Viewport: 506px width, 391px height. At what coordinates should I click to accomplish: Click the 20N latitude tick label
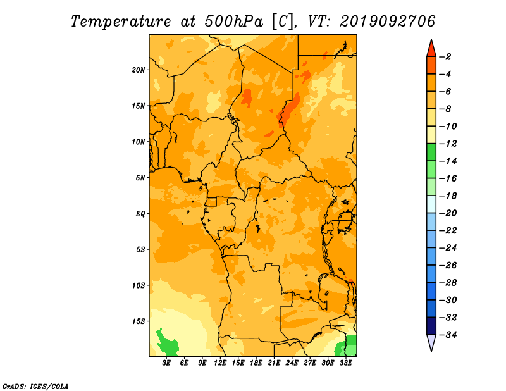(x=138, y=70)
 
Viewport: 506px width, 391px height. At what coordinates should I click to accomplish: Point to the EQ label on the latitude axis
(x=140, y=214)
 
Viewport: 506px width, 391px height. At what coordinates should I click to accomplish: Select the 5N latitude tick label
(x=140, y=178)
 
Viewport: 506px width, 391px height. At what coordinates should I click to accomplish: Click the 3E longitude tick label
(x=166, y=363)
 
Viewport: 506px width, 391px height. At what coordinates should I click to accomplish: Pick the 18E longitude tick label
(x=256, y=363)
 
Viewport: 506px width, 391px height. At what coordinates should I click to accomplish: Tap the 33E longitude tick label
(x=345, y=363)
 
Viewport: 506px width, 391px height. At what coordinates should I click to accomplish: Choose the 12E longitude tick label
(x=220, y=363)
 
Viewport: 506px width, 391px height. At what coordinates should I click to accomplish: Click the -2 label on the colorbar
(x=445, y=57)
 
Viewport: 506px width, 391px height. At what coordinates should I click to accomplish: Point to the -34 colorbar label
(x=448, y=335)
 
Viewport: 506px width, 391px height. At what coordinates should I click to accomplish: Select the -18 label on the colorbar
(x=448, y=195)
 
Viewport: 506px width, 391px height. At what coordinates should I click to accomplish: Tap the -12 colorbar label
(x=448, y=144)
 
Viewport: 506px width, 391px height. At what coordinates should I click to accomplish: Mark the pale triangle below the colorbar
(x=431, y=342)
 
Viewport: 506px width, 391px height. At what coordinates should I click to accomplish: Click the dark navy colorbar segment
(x=431, y=326)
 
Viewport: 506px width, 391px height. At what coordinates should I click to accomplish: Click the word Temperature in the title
(x=121, y=22)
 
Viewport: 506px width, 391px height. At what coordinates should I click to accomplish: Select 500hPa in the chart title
(x=233, y=22)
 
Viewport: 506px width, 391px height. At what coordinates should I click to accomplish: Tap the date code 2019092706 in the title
(x=388, y=22)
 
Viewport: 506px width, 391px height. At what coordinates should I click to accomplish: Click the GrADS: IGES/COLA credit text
(x=35, y=387)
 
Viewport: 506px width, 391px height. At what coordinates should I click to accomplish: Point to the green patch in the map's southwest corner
(x=167, y=342)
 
